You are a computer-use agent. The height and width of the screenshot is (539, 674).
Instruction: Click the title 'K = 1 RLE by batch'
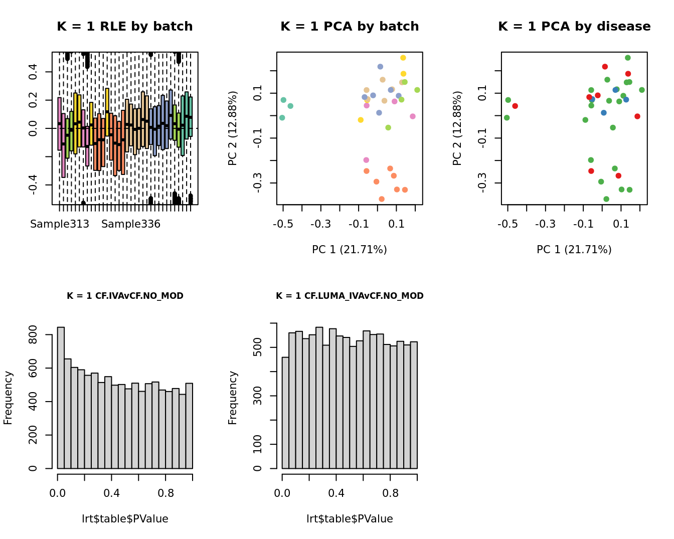point(125,27)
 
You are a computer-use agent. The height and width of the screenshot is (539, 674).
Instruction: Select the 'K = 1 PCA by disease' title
point(574,27)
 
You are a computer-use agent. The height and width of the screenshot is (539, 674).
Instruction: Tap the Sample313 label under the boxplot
point(60,224)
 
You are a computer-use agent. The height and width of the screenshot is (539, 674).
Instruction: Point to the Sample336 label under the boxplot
point(131,224)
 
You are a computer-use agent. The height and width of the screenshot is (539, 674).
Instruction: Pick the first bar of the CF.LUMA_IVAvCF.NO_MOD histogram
point(285,413)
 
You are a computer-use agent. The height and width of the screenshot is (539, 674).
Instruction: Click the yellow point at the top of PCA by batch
point(403,58)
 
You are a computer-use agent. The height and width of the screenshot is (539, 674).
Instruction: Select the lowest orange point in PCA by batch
point(382,199)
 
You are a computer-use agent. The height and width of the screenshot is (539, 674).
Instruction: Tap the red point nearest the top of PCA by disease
point(605,67)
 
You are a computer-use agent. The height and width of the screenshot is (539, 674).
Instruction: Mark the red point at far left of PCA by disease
point(515,106)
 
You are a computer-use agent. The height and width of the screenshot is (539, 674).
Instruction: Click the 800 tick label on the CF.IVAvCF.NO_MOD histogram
point(33,334)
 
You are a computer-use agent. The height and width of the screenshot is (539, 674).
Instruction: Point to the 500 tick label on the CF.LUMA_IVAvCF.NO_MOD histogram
point(257,347)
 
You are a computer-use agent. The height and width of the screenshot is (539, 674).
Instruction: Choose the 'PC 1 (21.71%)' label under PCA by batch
point(350,250)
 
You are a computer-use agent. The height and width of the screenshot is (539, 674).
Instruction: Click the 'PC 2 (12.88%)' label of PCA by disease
point(457,128)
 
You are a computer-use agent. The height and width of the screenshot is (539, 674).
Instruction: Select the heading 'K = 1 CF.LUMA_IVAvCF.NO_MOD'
point(350,296)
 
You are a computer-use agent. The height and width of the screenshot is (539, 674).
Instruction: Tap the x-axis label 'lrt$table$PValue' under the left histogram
point(125,519)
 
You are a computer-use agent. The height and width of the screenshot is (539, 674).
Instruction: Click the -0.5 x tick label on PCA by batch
point(283,224)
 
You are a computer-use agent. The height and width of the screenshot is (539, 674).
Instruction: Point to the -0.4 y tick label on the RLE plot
point(33,185)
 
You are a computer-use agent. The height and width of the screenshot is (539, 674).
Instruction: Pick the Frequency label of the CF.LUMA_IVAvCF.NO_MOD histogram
point(233,398)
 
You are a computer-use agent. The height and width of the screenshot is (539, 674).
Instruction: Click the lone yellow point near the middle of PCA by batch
point(361,120)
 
